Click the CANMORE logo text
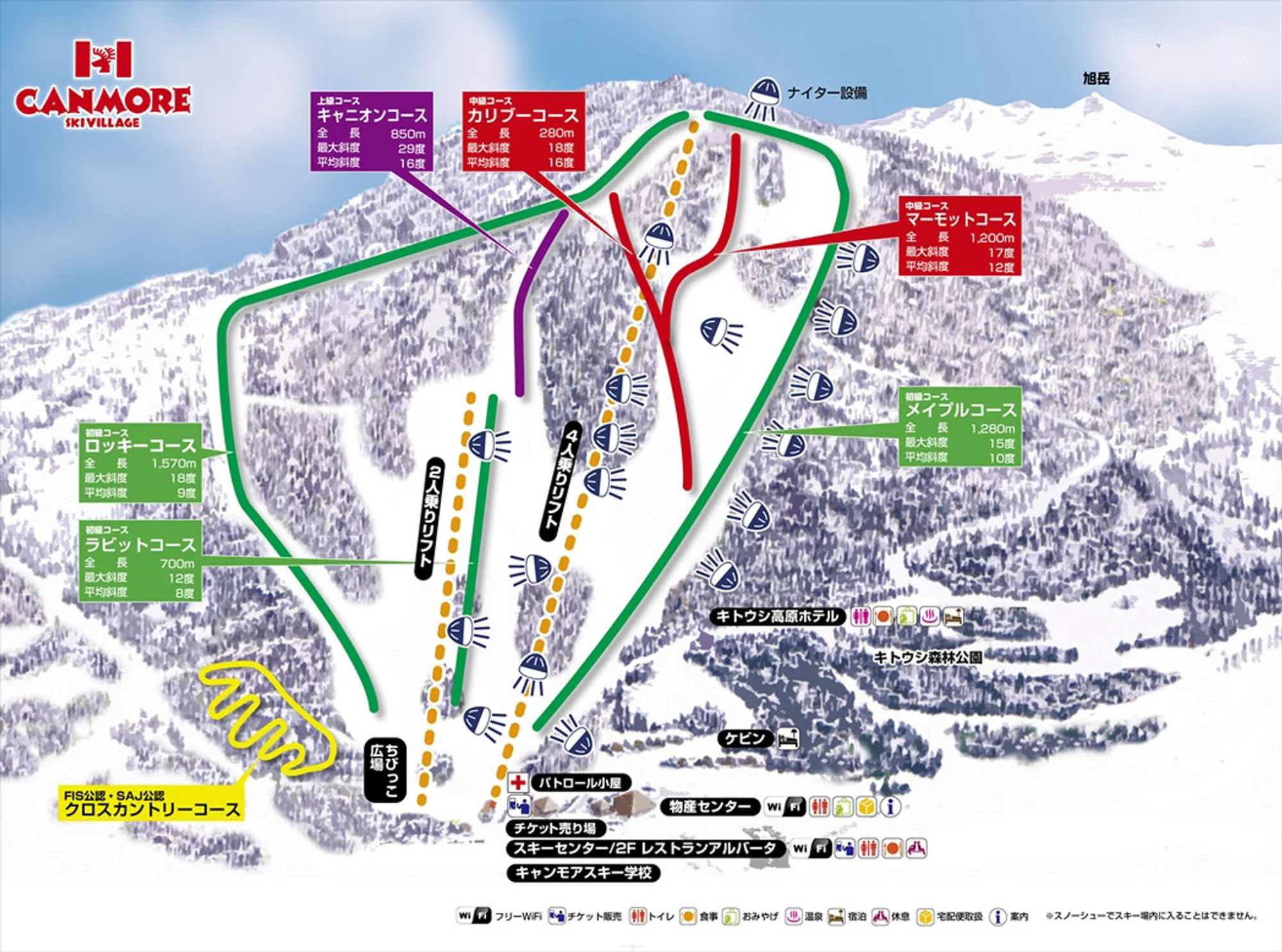pyautogui.click(x=103, y=101)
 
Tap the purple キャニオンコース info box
pyautogui.click(x=372, y=131)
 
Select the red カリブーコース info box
pyautogui.click(x=523, y=131)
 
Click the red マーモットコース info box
pyautogui.click(x=959, y=235)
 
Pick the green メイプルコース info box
pyautogui.click(x=959, y=426)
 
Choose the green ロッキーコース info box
pyautogui.click(x=140, y=462)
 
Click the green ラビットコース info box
pyautogui.click(x=140, y=561)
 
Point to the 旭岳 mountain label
pyautogui.click(x=1096, y=78)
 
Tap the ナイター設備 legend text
pyautogui.click(x=827, y=94)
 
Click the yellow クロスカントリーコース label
pyautogui.click(x=152, y=804)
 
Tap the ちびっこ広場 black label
pyautogui.click(x=385, y=770)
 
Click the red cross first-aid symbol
pyautogui.click(x=517, y=782)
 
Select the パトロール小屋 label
pyautogui.click(x=580, y=783)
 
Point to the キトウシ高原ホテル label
pyautogui.click(x=778, y=617)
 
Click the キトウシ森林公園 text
pyautogui.click(x=928, y=657)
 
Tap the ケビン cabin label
pyautogui.click(x=745, y=739)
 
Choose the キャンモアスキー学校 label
pyautogui.click(x=583, y=873)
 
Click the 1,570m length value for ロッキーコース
pyautogui.click(x=174, y=463)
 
